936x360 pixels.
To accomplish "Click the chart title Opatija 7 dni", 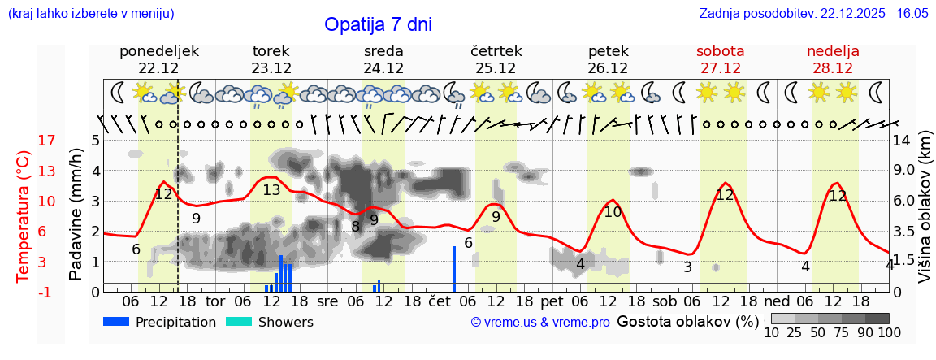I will (378, 24).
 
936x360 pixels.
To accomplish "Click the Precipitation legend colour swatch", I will (116, 322).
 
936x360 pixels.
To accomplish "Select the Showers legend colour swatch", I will (238, 322).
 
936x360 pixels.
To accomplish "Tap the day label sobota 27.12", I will (720, 59).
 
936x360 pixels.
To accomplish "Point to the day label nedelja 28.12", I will (833, 59).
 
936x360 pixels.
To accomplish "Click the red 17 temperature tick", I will (47, 141).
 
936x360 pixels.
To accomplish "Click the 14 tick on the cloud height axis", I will (902, 141).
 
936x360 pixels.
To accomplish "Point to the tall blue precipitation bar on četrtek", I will (454, 268).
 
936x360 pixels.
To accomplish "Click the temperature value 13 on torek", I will (271, 190).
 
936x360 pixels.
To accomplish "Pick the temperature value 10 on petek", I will (613, 211).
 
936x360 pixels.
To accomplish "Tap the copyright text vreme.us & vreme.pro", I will (540, 323).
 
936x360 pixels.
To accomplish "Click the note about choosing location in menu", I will (91, 14).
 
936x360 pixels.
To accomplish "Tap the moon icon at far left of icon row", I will (118, 92).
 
